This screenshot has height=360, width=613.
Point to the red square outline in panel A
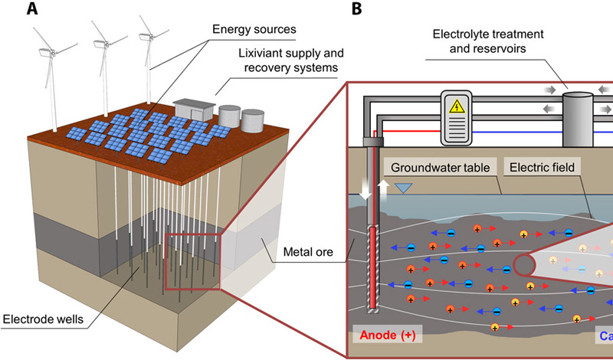tap(192, 260)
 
